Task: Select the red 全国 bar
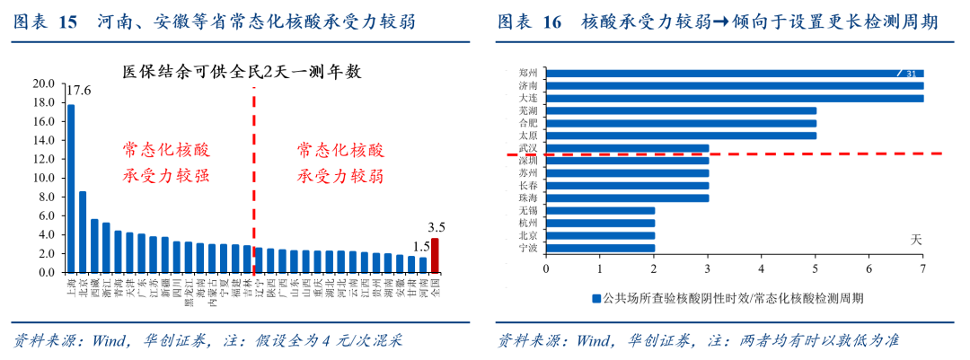(436, 255)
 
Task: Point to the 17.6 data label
(79, 90)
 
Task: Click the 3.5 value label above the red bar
(436, 228)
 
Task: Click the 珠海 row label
(528, 198)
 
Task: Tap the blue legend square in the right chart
(595, 298)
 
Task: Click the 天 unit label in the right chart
(917, 239)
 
